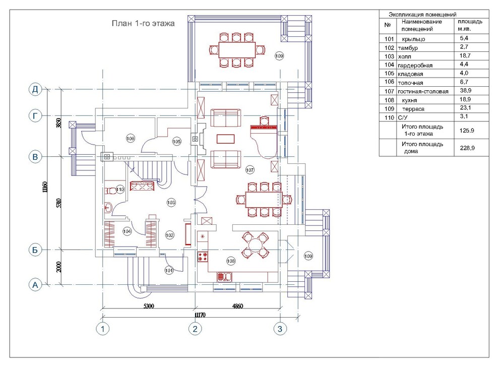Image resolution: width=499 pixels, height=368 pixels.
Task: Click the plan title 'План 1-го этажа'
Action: pyautogui.click(x=143, y=24)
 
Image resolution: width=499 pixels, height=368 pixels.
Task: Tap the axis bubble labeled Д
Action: pyautogui.click(x=35, y=89)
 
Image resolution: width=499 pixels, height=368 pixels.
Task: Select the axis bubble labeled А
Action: pyautogui.click(x=35, y=285)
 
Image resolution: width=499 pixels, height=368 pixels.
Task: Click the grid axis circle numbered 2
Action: pyautogui.click(x=195, y=329)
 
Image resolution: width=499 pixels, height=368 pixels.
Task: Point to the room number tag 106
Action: pyautogui.click(x=131, y=139)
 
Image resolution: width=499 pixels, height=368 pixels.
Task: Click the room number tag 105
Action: pyautogui.click(x=177, y=141)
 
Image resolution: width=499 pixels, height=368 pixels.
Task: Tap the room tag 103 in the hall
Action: pyautogui.click(x=171, y=203)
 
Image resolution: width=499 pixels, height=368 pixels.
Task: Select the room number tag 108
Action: pyautogui.click(x=231, y=261)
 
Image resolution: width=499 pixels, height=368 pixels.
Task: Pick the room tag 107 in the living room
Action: pyautogui.click(x=250, y=170)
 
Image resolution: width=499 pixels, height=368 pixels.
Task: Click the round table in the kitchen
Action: pyautogui.click(x=255, y=245)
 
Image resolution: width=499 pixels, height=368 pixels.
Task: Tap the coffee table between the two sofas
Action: pyautogui.click(x=226, y=139)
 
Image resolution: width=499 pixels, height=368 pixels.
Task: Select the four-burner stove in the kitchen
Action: pyautogui.click(x=203, y=257)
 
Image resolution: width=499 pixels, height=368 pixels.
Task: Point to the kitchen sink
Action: pyautogui.click(x=225, y=277)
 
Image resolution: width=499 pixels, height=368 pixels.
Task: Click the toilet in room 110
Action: pyautogui.click(x=110, y=191)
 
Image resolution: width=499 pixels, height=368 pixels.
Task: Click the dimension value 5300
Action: pyautogui.click(x=149, y=306)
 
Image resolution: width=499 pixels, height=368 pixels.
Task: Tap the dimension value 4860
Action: pyautogui.click(x=237, y=306)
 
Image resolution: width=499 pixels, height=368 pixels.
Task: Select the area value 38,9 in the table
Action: pyautogui.click(x=466, y=91)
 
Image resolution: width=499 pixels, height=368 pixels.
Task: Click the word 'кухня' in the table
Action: pyautogui.click(x=409, y=100)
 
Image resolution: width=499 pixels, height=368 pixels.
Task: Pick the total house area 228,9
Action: pyautogui.click(x=467, y=148)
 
